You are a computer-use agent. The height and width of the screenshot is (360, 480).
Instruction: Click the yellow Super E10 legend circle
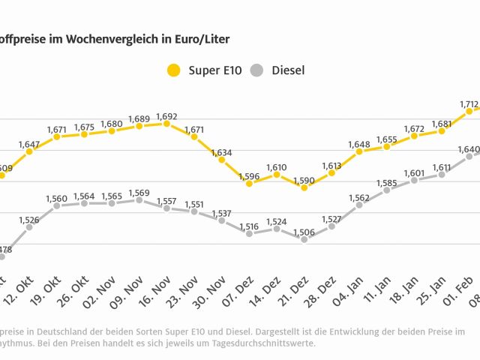click(x=174, y=70)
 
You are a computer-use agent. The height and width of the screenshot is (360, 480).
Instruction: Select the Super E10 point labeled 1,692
click(x=166, y=124)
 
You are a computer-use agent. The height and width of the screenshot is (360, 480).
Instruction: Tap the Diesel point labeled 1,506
click(x=304, y=240)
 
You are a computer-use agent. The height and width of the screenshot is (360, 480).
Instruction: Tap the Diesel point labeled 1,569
click(x=139, y=199)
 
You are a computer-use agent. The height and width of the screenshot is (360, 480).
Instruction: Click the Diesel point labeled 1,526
click(x=29, y=226)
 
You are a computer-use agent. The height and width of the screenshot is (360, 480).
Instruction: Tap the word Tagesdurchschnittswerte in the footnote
click(x=271, y=343)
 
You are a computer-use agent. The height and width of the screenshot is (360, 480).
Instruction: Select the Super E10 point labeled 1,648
click(x=359, y=151)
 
